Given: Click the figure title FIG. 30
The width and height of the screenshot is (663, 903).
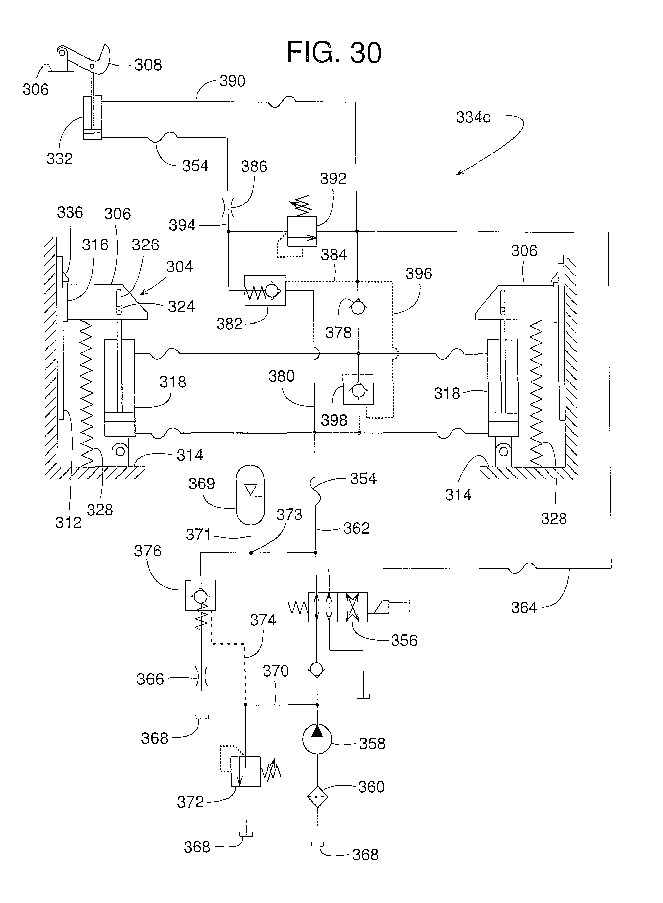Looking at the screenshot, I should (334, 52).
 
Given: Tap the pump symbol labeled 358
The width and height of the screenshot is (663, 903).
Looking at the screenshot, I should (317, 739).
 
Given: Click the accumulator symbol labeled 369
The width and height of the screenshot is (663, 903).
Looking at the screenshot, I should (250, 495).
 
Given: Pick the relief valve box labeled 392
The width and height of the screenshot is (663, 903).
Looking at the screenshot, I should (302, 232).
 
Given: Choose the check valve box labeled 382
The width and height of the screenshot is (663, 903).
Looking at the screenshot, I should (265, 291).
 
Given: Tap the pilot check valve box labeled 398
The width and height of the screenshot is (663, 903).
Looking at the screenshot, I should (358, 389).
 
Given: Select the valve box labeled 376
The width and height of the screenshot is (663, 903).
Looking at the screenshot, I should (200, 596).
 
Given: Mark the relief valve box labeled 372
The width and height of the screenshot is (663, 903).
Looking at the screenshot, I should (245, 772).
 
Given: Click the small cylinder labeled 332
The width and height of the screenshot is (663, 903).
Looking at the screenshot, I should (92, 118).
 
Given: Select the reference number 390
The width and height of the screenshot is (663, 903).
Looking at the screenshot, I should (232, 81).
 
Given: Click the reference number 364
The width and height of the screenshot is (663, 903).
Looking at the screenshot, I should (524, 608).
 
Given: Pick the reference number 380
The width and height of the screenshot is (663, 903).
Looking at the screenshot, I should (281, 376).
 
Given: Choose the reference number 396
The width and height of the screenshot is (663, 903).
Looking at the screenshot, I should (419, 274).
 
